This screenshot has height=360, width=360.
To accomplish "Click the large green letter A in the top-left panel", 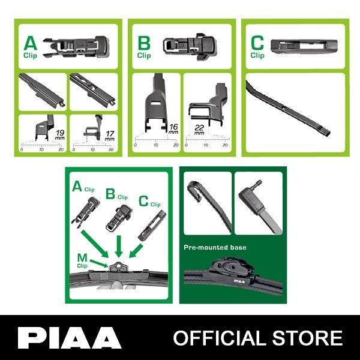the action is coord(31,44).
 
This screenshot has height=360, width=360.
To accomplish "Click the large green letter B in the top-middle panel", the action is coord(144,44).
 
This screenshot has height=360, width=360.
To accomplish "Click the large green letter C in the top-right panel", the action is coord(257,43).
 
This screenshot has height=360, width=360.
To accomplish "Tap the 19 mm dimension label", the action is coord(59,135).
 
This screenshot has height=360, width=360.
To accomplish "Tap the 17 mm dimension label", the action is coord(110,136).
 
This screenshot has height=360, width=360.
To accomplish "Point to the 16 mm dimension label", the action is coord(173,129).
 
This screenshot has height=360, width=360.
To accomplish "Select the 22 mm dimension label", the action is coord(199,130).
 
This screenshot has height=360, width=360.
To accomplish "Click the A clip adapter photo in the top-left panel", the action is coord(76,47).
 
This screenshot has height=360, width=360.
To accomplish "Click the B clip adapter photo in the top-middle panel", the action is coord(190,47).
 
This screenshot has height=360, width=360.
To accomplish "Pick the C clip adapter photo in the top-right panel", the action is coord(304,45).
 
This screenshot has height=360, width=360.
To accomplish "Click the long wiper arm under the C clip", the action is coord(288,109).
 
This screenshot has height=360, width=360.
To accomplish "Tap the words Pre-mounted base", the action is coord(215,247).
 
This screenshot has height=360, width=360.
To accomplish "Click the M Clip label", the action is coord(82,260).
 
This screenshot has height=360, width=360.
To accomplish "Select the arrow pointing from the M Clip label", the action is coord(99,263).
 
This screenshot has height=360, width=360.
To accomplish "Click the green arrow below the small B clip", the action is coord(119,247).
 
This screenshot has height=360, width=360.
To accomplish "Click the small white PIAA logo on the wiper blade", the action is coord(239,281).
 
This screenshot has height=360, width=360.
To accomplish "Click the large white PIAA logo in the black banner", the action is coord(70,338).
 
